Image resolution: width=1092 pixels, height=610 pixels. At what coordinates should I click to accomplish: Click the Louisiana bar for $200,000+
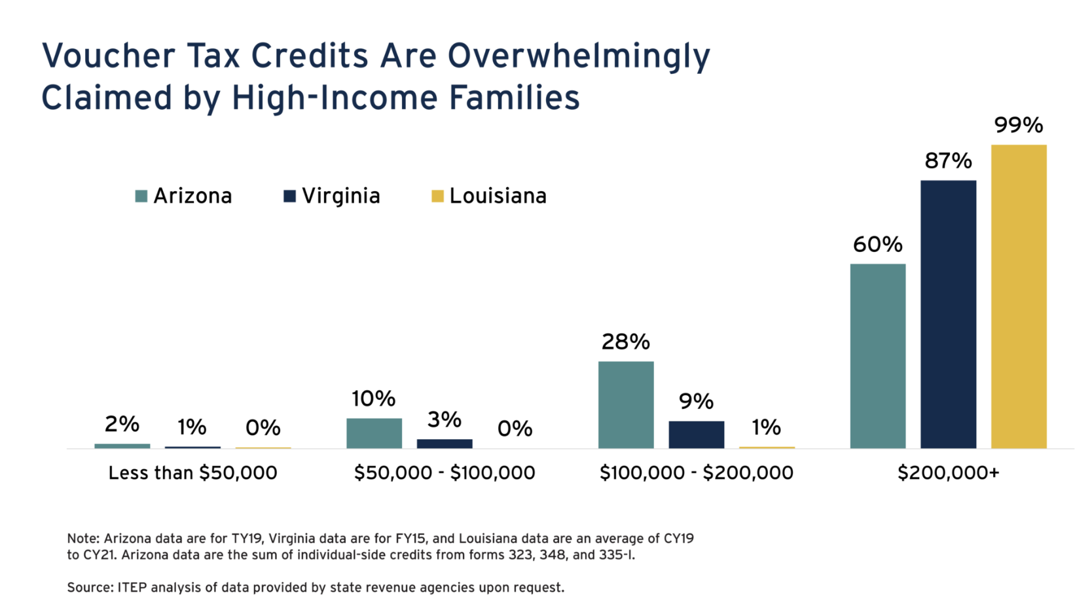click(1018, 296)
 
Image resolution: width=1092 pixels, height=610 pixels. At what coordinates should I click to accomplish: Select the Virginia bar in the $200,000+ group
click(948, 314)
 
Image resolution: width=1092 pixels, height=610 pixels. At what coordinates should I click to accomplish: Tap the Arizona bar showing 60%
click(877, 356)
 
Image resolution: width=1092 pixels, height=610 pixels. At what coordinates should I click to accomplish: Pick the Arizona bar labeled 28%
click(626, 404)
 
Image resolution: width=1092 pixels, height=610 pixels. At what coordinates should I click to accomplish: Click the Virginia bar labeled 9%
click(696, 435)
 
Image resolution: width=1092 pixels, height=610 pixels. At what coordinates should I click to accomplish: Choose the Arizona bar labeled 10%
click(374, 433)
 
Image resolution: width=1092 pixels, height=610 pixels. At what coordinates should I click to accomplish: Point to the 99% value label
click(1018, 125)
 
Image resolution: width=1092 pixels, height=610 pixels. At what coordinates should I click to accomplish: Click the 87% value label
click(948, 161)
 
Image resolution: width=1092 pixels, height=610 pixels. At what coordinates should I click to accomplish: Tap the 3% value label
click(445, 420)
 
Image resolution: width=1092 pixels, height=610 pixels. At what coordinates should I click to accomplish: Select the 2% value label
click(122, 424)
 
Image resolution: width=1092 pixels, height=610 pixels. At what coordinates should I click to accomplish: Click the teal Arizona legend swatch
click(141, 196)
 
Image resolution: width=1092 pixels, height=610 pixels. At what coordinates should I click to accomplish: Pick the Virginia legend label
click(340, 196)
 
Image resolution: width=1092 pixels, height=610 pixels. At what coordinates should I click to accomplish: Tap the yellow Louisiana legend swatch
click(437, 196)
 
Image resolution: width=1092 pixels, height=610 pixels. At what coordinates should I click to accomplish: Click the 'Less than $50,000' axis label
click(192, 473)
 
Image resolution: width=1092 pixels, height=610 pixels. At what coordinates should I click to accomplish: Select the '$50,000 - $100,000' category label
click(445, 473)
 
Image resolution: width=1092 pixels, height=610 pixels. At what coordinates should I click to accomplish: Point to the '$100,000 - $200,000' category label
click(696, 473)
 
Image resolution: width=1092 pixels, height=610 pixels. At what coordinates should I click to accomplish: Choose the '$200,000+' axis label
click(948, 473)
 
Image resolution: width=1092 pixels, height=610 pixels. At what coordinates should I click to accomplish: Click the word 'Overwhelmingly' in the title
click(579, 56)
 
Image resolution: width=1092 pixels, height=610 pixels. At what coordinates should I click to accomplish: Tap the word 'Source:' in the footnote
click(90, 588)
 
